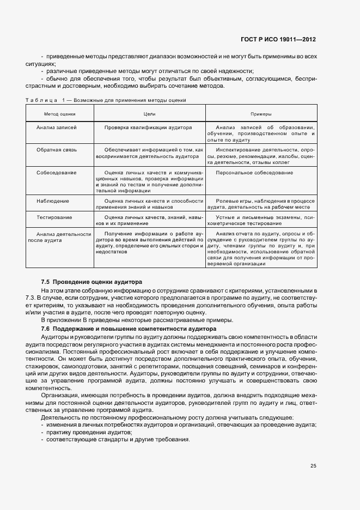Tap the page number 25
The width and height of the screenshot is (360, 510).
click(x=313, y=466)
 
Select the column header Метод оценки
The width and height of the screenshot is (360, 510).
click(x=60, y=114)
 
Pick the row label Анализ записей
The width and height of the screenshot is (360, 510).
click(x=56, y=127)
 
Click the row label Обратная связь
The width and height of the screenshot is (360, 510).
click(x=56, y=149)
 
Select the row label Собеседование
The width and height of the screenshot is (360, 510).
click(x=56, y=173)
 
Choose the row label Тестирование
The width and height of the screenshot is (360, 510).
click(x=54, y=217)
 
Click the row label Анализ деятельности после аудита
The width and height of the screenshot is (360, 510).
click(x=59, y=236)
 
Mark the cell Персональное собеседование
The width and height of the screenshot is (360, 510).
click(x=254, y=173)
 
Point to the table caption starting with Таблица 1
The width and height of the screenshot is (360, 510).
click(x=106, y=100)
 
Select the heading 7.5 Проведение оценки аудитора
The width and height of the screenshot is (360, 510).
click(x=91, y=282)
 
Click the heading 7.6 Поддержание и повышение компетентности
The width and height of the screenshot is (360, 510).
click(x=129, y=329)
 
